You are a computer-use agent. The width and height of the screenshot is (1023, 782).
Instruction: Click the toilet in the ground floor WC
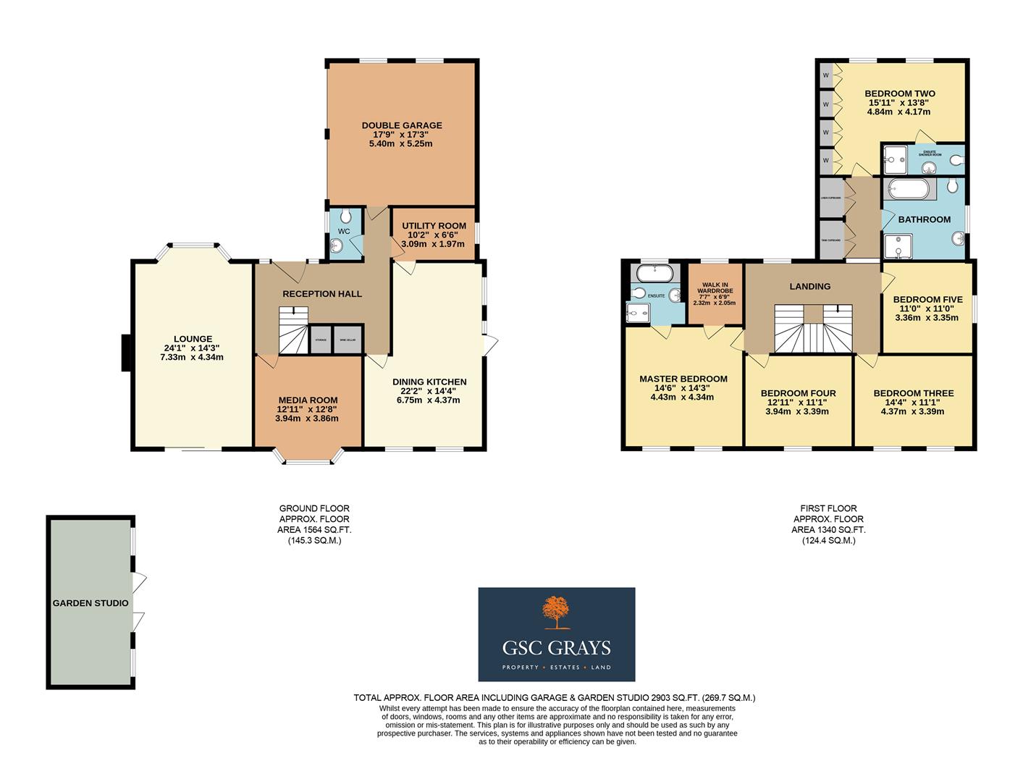click(x=345, y=216)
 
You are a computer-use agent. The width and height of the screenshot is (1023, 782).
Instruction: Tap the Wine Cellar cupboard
click(x=347, y=340)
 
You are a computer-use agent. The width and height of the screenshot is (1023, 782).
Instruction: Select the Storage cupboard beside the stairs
click(x=320, y=340)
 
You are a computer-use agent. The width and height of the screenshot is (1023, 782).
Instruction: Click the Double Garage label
click(x=402, y=125)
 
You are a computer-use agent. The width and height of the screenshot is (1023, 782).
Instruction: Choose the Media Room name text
click(x=308, y=400)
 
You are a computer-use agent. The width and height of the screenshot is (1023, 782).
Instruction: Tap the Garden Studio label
click(x=90, y=603)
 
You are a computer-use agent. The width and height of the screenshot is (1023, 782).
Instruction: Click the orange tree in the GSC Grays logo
click(x=556, y=613)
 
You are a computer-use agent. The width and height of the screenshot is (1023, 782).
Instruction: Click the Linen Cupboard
click(x=831, y=196)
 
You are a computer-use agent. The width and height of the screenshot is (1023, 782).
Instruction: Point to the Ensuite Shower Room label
click(x=930, y=153)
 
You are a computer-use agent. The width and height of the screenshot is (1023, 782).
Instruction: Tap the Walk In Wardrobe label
click(x=715, y=289)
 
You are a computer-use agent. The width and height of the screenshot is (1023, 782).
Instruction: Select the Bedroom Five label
click(x=927, y=299)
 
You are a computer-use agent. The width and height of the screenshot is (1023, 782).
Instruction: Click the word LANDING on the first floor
click(x=809, y=286)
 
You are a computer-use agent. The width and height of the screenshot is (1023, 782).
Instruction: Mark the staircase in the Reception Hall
click(x=292, y=331)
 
